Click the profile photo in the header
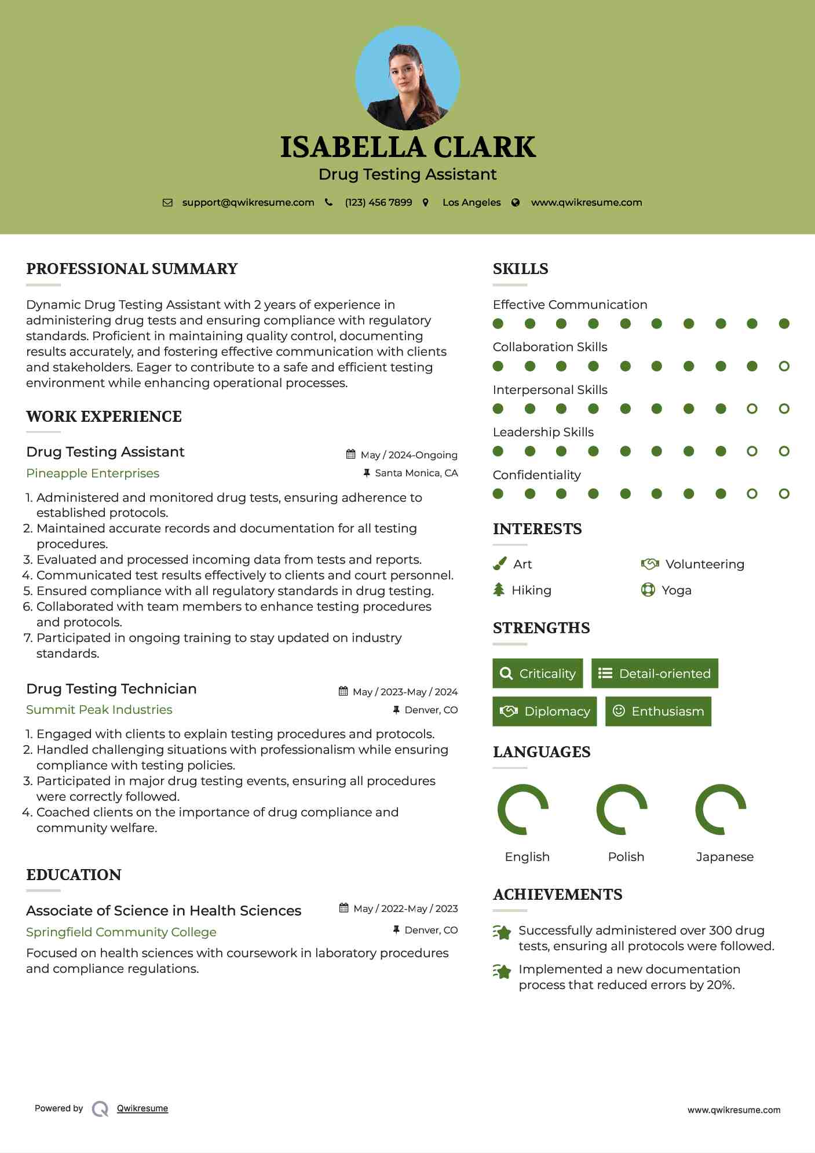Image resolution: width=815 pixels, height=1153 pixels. (x=408, y=78)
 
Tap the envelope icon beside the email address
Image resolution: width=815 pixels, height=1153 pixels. (x=167, y=203)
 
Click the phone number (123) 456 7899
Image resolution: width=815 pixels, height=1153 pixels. (x=378, y=203)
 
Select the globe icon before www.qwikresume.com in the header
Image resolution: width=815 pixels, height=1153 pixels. (x=516, y=203)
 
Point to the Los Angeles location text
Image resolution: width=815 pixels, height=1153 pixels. (x=472, y=203)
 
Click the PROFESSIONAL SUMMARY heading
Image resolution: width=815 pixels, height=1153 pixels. (x=132, y=269)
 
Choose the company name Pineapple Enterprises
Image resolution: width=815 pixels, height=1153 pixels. (x=93, y=473)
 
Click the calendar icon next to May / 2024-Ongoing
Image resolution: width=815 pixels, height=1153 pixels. (x=350, y=454)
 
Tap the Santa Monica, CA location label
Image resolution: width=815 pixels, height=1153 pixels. (x=416, y=473)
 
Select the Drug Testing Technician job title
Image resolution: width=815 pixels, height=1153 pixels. (x=111, y=689)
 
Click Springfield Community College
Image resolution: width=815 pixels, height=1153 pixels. (x=121, y=932)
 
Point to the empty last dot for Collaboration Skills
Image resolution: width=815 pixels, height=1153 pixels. (x=784, y=366)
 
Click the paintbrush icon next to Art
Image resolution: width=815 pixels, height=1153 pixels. (x=499, y=564)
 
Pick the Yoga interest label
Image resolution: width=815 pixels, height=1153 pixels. (x=677, y=590)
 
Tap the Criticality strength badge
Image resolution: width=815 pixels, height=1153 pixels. (x=538, y=673)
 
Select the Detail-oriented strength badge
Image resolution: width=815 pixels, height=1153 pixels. (x=655, y=673)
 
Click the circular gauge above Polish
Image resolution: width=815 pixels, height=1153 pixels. (x=622, y=809)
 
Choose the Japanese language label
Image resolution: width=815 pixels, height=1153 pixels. (x=725, y=857)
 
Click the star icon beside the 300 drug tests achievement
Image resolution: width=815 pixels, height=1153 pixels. (x=502, y=932)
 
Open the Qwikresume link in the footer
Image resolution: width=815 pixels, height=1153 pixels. (x=142, y=1108)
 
